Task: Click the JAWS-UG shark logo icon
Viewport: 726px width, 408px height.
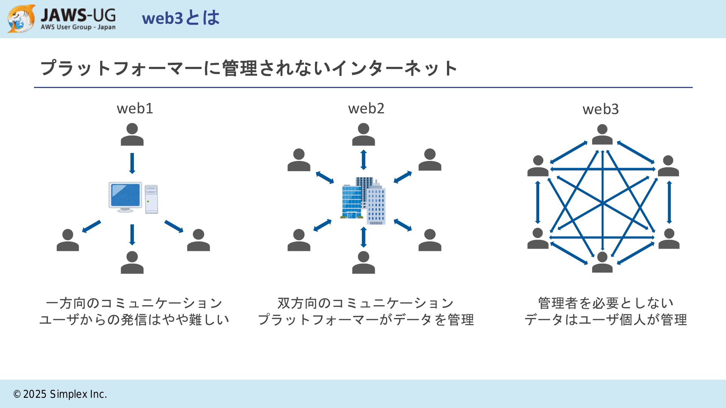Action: (21, 19)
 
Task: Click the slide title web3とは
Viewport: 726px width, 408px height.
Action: (181, 18)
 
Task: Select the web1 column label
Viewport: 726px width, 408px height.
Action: (135, 108)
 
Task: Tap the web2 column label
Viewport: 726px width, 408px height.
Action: (366, 108)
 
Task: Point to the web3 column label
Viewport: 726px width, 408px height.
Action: (600, 109)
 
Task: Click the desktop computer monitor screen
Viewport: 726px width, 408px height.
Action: (125, 195)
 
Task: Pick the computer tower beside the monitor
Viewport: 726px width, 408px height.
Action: (151, 199)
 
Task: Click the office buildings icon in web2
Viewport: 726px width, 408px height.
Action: (363, 201)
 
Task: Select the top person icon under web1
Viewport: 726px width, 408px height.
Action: (132, 134)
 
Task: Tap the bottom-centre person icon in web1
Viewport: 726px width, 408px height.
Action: (132, 262)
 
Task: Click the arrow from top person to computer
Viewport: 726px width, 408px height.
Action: (132, 163)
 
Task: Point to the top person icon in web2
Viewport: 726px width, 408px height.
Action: (363, 134)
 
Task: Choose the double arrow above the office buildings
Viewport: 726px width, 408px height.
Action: (363, 160)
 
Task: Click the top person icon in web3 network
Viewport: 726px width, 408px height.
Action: (602, 134)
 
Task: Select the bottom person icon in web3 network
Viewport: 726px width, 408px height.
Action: (602, 262)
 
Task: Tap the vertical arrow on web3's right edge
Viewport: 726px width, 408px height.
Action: (669, 202)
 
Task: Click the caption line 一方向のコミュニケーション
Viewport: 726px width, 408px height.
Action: (134, 303)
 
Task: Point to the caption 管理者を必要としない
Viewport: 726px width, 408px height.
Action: (606, 303)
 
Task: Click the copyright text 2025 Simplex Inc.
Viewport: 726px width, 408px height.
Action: (65, 394)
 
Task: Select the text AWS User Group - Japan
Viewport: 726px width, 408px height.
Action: (78, 27)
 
